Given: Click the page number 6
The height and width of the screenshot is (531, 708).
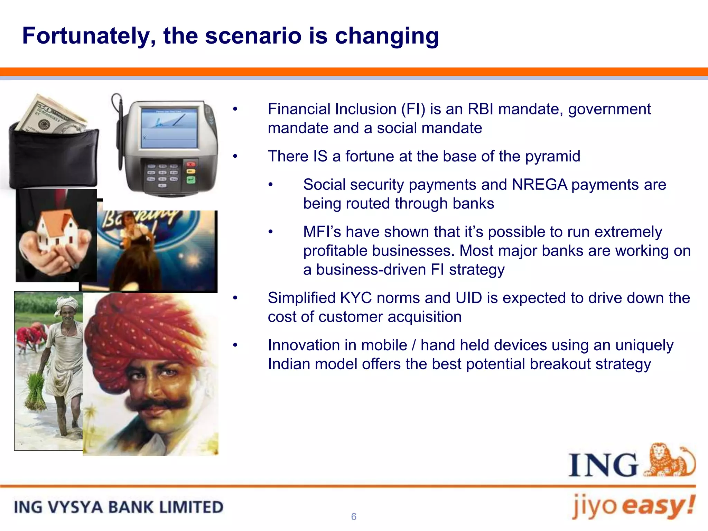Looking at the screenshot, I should (x=354, y=516).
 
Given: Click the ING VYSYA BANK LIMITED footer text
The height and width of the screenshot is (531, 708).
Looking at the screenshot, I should (x=119, y=507).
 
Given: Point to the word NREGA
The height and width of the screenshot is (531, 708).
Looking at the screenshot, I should (x=539, y=185).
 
